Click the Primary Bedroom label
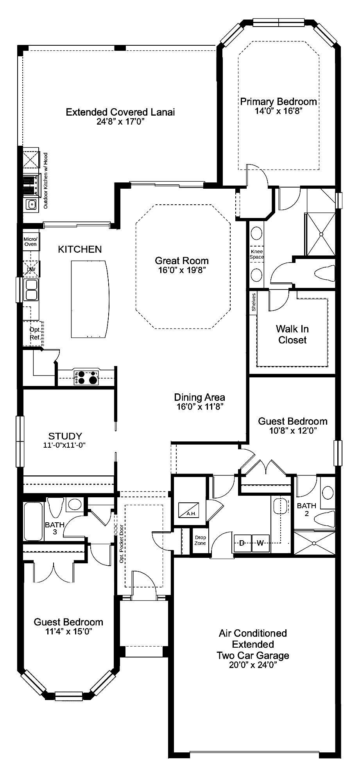[278, 102]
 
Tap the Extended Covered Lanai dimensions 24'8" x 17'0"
[120, 122]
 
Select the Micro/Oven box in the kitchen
[30, 241]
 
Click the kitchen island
[90, 299]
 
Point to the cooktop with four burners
[86, 378]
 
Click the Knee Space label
[257, 254]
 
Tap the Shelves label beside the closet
[254, 302]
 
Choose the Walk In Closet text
[292, 334]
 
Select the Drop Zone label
[201, 540]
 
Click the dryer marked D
[242, 543]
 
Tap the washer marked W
[260, 543]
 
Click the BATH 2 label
[306, 509]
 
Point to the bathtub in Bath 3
[34, 521]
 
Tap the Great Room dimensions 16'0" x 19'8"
[182, 270]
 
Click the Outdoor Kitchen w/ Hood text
[45, 180]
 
